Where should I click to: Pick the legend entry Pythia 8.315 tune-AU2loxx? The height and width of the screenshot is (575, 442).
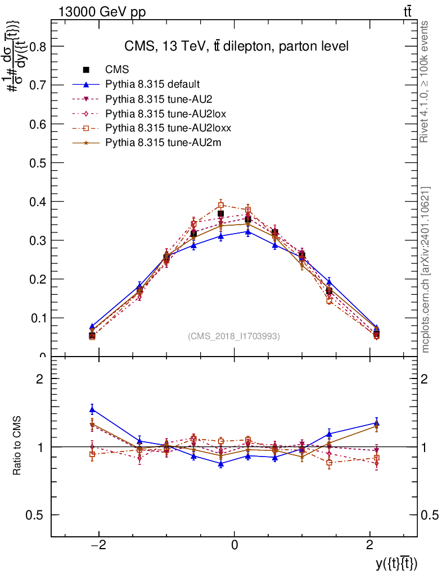click(168, 128)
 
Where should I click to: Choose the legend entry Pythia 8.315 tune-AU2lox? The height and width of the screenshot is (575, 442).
click(166, 113)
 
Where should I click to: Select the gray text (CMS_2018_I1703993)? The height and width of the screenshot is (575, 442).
click(233, 336)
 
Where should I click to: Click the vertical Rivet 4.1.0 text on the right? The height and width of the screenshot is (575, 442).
click(426, 82)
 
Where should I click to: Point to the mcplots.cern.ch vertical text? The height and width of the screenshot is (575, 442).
click(426, 270)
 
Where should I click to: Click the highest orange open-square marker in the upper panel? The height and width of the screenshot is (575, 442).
click(221, 204)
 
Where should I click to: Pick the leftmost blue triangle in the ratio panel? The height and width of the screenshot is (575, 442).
click(92, 409)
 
